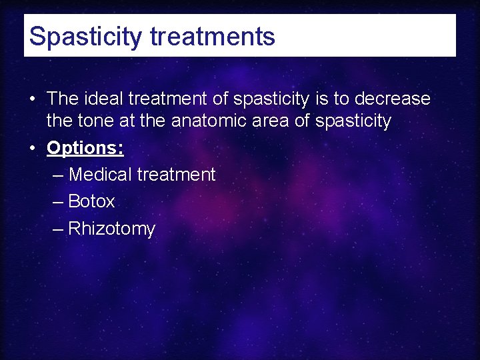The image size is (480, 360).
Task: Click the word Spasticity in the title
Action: (x=86, y=36)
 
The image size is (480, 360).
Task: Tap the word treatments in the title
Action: (x=213, y=36)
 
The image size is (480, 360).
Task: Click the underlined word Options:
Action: (x=85, y=148)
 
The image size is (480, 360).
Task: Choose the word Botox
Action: (x=91, y=201)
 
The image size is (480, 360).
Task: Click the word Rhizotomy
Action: (x=111, y=229)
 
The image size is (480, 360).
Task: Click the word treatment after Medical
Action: (x=176, y=175)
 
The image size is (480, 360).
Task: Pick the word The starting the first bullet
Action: (x=63, y=99)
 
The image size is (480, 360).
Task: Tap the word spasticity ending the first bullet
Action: (x=353, y=121)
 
